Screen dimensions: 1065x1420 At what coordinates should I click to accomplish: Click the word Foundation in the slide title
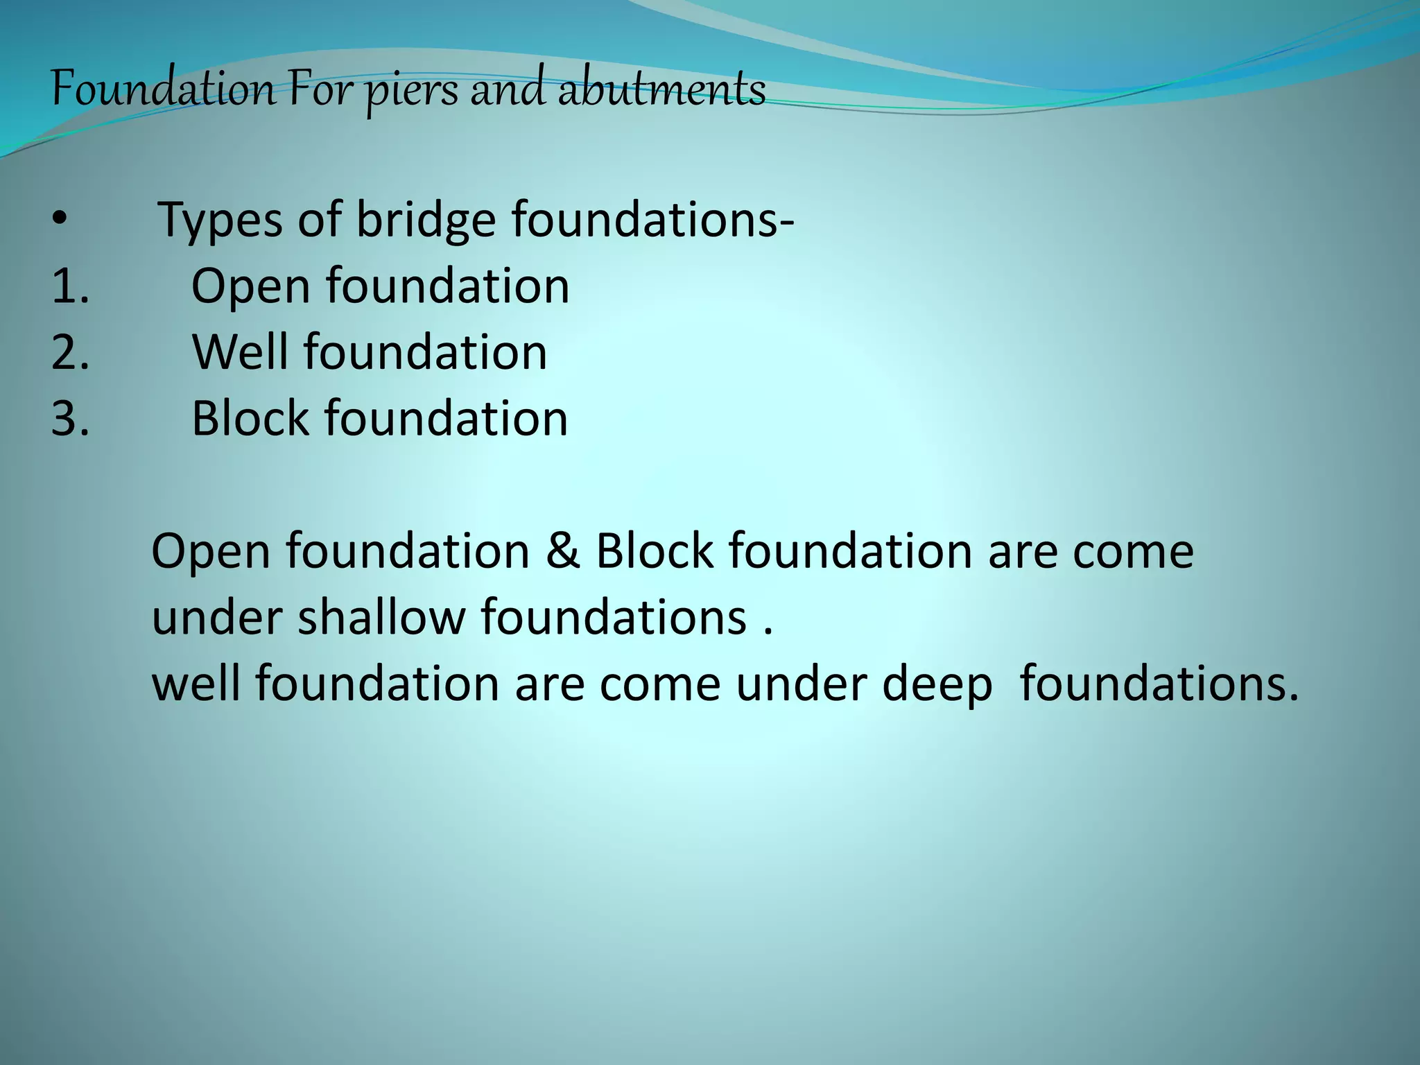tap(163, 89)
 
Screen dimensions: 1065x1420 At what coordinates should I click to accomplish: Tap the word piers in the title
tap(412, 92)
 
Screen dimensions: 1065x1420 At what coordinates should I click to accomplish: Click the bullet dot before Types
tap(59, 218)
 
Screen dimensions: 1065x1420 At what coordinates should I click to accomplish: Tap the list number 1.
tap(69, 286)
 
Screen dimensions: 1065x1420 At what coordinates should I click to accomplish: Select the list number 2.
tap(69, 352)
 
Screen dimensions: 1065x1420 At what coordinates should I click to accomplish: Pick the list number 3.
tap(69, 419)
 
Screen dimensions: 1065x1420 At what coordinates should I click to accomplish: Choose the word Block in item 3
tap(250, 418)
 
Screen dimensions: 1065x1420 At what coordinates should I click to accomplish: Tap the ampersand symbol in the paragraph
tap(562, 551)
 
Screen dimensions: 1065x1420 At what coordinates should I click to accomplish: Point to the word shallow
tap(381, 617)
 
